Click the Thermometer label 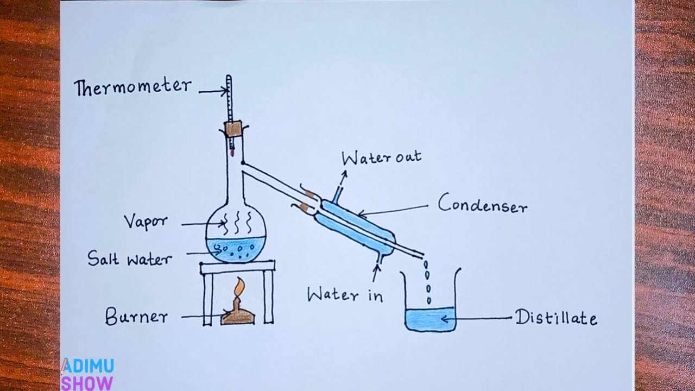[x=133, y=87]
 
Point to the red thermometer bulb [x=232, y=153]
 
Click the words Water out [x=381, y=158]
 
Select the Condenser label [x=483, y=205]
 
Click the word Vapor [x=146, y=222]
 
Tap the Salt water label [x=129, y=258]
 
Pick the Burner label [x=136, y=317]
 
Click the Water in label [x=345, y=295]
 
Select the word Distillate [x=556, y=318]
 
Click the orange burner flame [x=238, y=287]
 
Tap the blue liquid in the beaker [x=430, y=319]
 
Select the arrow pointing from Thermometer [x=212, y=92]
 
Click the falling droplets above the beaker [x=427, y=282]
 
